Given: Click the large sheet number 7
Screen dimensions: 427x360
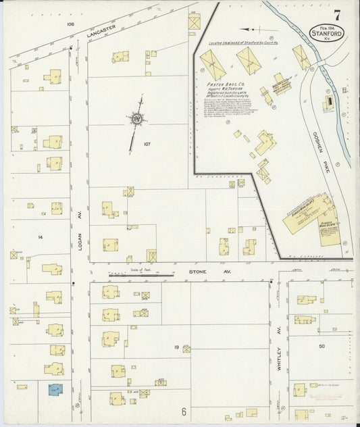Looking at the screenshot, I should pyautogui.click(x=336, y=15).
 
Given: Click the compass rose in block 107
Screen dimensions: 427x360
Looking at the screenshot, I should pyautogui.click(x=138, y=119).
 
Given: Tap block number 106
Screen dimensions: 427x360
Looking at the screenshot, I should pyautogui.click(x=70, y=24).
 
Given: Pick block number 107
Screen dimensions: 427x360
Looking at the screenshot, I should pyautogui.click(x=147, y=144).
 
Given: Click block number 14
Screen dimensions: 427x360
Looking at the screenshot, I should pyautogui.click(x=41, y=237).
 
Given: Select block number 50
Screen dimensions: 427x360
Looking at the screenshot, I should pyautogui.click(x=322, y=346).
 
